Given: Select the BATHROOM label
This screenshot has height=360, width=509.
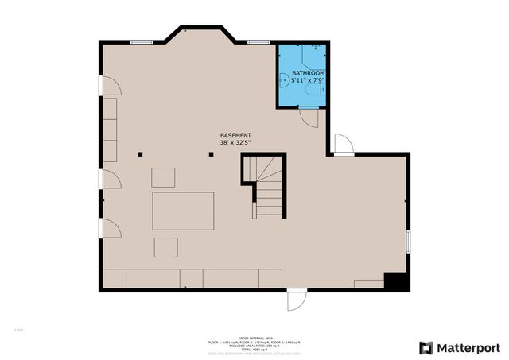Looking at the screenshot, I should pyautogui.click(x=308, y=72).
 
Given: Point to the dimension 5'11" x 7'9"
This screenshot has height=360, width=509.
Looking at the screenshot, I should pyautogui.click(x=308, y=80).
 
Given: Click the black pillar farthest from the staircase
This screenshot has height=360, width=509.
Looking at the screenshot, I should pyautogui.click(x=140, y=154).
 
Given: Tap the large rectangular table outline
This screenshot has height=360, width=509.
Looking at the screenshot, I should pyautogui.click(x=184, y=211).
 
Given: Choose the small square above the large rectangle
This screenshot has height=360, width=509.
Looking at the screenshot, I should pyautogui.click(x=164, y=176).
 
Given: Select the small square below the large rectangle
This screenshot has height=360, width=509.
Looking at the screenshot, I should pyautogui.click(x=166, y=247).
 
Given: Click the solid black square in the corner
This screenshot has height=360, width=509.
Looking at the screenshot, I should pyautogui.click(x=395, y=281).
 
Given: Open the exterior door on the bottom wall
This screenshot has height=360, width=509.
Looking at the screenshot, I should pyautogui.click(x=294, y=300).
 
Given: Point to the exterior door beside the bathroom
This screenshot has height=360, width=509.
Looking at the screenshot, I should pyautogui.click(x=343, y=145).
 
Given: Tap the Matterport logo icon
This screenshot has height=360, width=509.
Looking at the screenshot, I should pyautogui.click(x=427, y=347).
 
